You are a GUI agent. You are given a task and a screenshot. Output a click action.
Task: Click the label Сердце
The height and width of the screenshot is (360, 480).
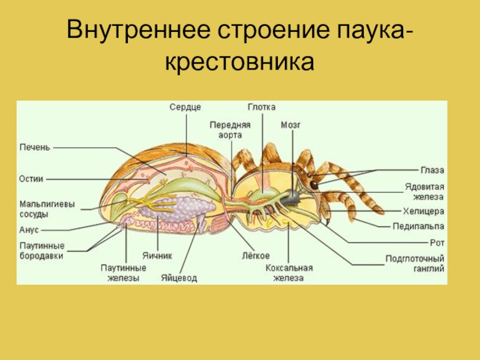(x=185, y=107)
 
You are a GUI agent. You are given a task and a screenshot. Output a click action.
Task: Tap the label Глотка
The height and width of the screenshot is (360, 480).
(x=262, y=107)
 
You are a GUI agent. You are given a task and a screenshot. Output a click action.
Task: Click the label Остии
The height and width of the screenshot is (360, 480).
(x=31, y=178)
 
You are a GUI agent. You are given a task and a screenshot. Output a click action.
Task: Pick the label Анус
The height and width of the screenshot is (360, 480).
(x=29, y=230)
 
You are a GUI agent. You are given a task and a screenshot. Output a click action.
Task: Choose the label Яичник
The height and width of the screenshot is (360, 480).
(x=157, y=255)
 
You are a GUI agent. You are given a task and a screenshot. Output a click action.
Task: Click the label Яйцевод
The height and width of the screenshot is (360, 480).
(x=179, y=278)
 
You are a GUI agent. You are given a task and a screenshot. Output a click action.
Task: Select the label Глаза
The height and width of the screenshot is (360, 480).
(x=431, y=171)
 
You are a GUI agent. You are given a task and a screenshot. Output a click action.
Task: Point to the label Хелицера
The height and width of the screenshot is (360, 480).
(x=423, y=211)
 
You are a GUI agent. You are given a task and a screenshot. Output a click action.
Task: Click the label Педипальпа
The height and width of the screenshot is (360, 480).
(x=419, y=227)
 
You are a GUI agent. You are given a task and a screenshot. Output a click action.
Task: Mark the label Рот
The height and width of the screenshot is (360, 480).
(x=437, y=242)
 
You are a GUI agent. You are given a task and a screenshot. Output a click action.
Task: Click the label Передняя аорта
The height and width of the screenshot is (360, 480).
(x=230, y=130)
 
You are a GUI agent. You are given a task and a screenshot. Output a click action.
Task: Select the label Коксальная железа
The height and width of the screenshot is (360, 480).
(x=289, y=273)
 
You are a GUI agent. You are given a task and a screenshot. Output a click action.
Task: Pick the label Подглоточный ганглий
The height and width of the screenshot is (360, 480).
(x=415, y=265)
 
